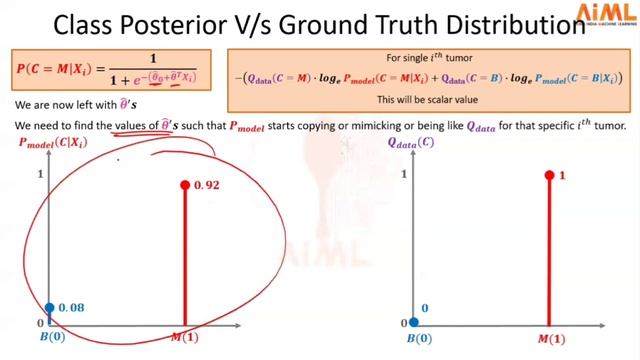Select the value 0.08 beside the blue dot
click(71, 307)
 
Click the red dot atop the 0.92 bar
click(185, 185)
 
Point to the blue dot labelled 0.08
click(50, 308)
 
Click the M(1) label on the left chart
click(185, 339)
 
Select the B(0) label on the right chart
click(415, 339)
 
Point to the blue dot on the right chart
click(415, 323)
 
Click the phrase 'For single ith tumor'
click(433, 58)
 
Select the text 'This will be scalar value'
click(433, 101)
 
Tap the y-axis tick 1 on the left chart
click(40, 176)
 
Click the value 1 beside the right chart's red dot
click(563, 176)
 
